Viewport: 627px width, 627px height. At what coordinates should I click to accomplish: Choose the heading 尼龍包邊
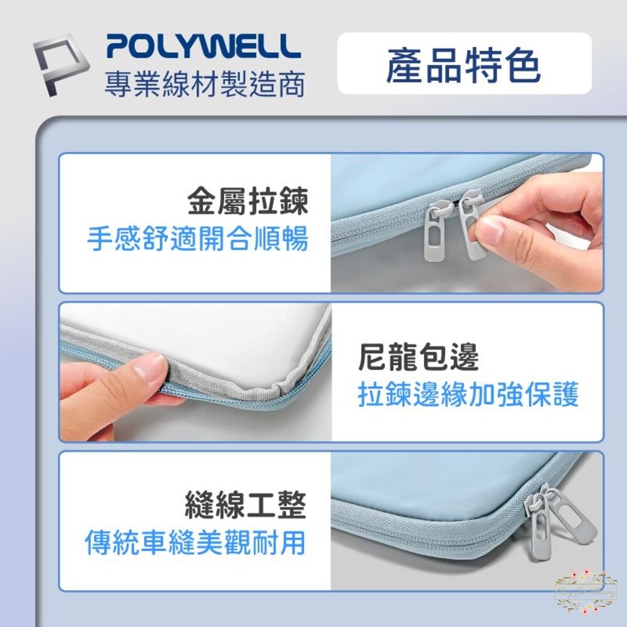418,358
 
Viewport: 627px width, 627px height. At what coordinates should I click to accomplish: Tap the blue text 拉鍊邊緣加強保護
468,394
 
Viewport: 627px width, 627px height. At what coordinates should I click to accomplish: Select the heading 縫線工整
246,505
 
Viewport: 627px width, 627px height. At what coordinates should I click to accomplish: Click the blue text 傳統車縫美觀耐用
195,542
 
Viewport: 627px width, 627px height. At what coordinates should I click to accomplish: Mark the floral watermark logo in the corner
586,591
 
